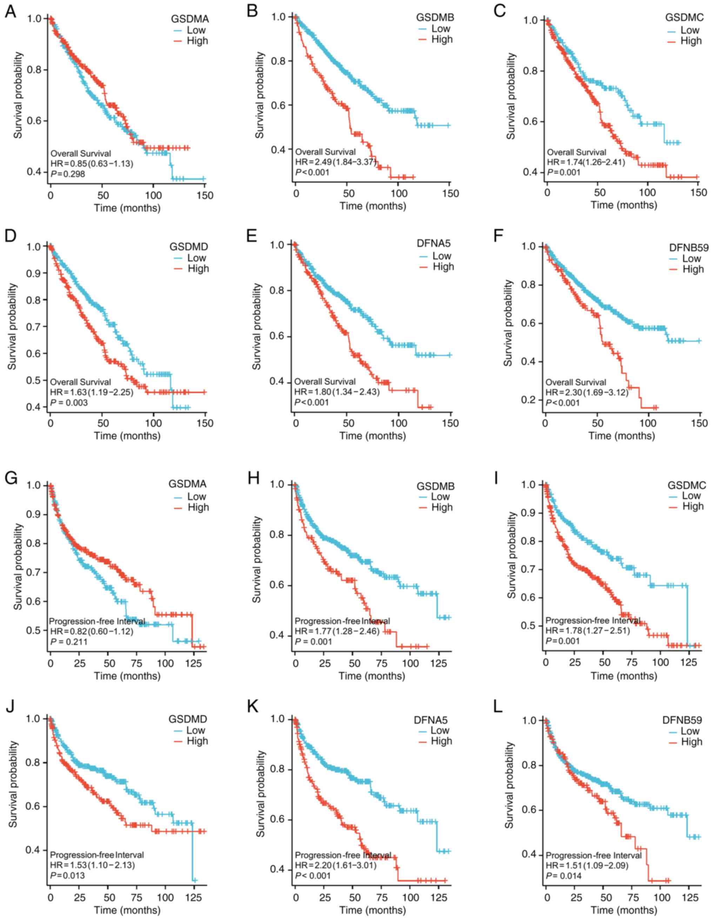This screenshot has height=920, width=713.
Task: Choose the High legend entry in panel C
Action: [691, 41]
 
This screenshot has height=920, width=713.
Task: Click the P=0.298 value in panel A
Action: [68, 174]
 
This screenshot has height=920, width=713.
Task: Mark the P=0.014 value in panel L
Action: [564, 876]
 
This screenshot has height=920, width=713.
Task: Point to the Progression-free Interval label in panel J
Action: [97, 855]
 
